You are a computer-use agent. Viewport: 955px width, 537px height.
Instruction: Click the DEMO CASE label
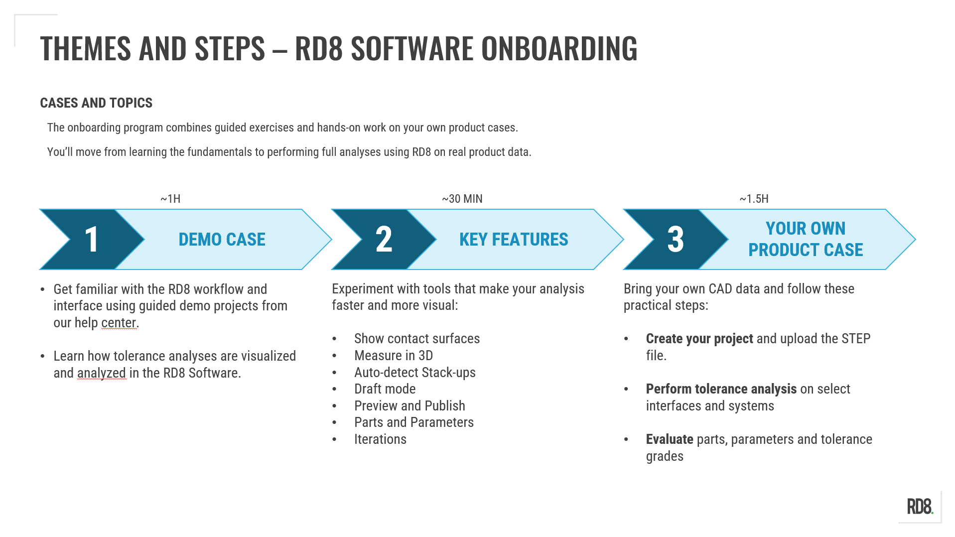pyautogui.click(x=222, y=240)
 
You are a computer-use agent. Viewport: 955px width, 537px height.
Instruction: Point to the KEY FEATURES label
pyautogui.click(x=514, y=240)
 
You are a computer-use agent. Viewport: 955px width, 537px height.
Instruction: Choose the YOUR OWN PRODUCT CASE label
pyautogui.click(x=806, y=239)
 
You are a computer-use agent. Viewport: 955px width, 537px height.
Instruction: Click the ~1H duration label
pyautogui.click(x=170, y=199)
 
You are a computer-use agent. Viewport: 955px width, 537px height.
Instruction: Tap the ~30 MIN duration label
pyautogui.click(x=462, y=199)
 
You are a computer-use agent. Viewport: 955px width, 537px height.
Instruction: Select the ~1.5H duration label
pyautogui.click(x=754, y=199)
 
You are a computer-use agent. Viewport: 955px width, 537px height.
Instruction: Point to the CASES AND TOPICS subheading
pyautogui.click(x=96, y=103)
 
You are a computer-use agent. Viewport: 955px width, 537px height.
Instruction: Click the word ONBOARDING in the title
pyautogui.click(x=559, y=48)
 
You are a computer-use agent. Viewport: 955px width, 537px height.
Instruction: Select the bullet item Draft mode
pyautogui.click(x=385, y=389)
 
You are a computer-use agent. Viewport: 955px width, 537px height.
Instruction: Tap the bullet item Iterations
pyautogui.click(x=380, y=439)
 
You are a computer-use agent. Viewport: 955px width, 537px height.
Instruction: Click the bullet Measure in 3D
pyautogui.click(x=394, y=356)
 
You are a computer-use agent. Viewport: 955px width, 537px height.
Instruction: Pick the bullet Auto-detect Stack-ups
pyautogui.click(x=415, y=373)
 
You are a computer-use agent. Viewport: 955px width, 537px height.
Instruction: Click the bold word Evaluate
pyautogui.click(x=670, y=439)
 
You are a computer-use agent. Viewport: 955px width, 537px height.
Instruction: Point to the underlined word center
pyautogui.click(x=119, y=323)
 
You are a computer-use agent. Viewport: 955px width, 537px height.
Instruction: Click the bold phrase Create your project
pyautogui.click(x=699, y=339)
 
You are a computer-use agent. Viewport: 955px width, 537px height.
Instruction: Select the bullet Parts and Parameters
pyautogui.click(x=414, y=422)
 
